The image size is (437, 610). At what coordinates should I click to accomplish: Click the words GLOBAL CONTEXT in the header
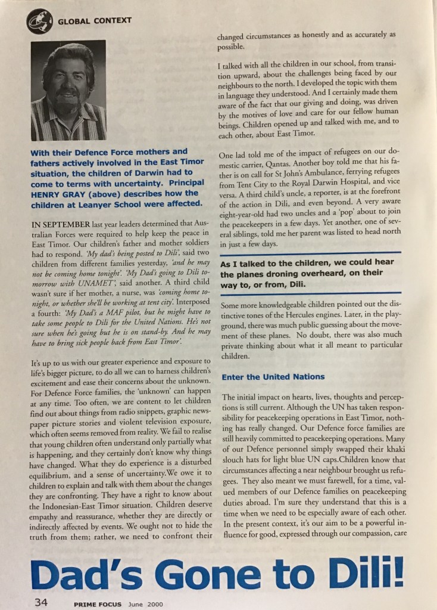[95, 21]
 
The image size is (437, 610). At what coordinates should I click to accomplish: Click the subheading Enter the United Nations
[273, 376]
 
